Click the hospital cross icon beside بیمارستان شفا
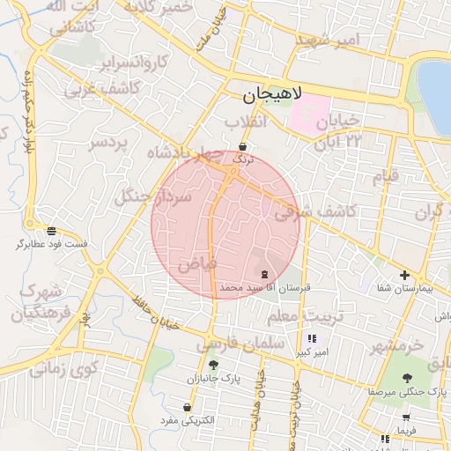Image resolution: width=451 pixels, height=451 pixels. coord(404,276)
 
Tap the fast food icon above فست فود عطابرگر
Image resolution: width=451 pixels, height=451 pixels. coord(52,230)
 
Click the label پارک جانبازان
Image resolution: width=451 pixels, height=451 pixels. coord(213,378)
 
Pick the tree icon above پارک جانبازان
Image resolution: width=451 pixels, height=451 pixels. coord(213,365)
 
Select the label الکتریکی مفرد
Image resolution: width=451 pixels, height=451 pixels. coord(188,421)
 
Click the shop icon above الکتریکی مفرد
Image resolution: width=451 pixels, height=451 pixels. coord(188,407)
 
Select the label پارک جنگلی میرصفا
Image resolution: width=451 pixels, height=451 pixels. coord(408,390)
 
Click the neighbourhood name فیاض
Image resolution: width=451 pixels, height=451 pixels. coord(196,263)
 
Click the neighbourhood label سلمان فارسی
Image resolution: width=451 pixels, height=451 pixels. coord(242,342)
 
